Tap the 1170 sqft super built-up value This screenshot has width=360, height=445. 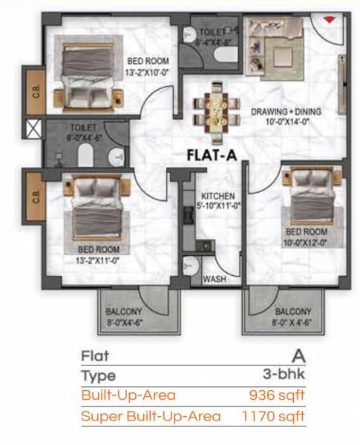click(x=274, y=415)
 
